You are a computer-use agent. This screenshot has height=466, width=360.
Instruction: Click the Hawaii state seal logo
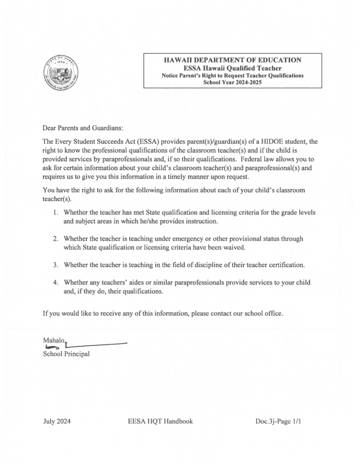[x=61, y=74]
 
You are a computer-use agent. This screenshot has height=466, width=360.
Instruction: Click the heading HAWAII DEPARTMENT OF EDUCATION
[x=232, y=59]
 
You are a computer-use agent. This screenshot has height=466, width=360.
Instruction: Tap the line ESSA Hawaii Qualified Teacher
[x=232, y=68]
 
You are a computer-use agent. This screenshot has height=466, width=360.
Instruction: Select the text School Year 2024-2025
[x=232, y=83]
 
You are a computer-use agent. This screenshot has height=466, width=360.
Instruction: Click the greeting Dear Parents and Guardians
[x=83, y=126]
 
